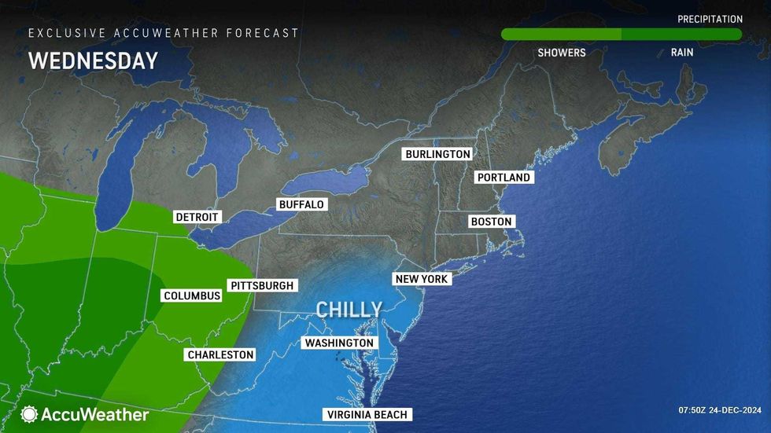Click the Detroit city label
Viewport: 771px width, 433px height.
pyautogui.click(x=197, y=217)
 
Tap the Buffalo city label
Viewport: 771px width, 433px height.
pyautogui.click(x=301, y=204)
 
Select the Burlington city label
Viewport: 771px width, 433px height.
pyautogui.click(x=438, y=154)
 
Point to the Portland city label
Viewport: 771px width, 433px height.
pyautogui.click(x=504, y=178)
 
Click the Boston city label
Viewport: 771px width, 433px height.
pyautogui.click(x=492, y=222)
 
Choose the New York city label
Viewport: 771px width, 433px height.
pyautogui.click(x=422, y=279)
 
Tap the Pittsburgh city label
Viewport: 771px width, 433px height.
pyautogui.click(x=261, y=285)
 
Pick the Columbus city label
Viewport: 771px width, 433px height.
pyautogui.click(x=192, y=295)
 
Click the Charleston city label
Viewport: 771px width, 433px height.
pyautogui.click(x=221, y=354)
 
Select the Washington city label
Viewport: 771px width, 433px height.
pyautogui.click(x=339, y=343)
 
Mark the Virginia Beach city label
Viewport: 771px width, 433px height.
pyautogui.click(x=367, y=414)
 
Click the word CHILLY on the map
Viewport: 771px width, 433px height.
pyautogui.click(x=349, y=309)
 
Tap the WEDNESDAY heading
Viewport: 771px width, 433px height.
pyautogui.click(x=93, y=61)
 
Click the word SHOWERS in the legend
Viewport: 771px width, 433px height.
pyautogui.click(x=562, y=53)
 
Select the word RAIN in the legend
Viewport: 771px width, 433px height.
pyautogui.click(x=682, y=53)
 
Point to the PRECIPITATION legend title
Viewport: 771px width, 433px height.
pyautogui.click(x=710, y=19)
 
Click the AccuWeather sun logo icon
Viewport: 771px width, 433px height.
pyautogui.click(x=29, y=414)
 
